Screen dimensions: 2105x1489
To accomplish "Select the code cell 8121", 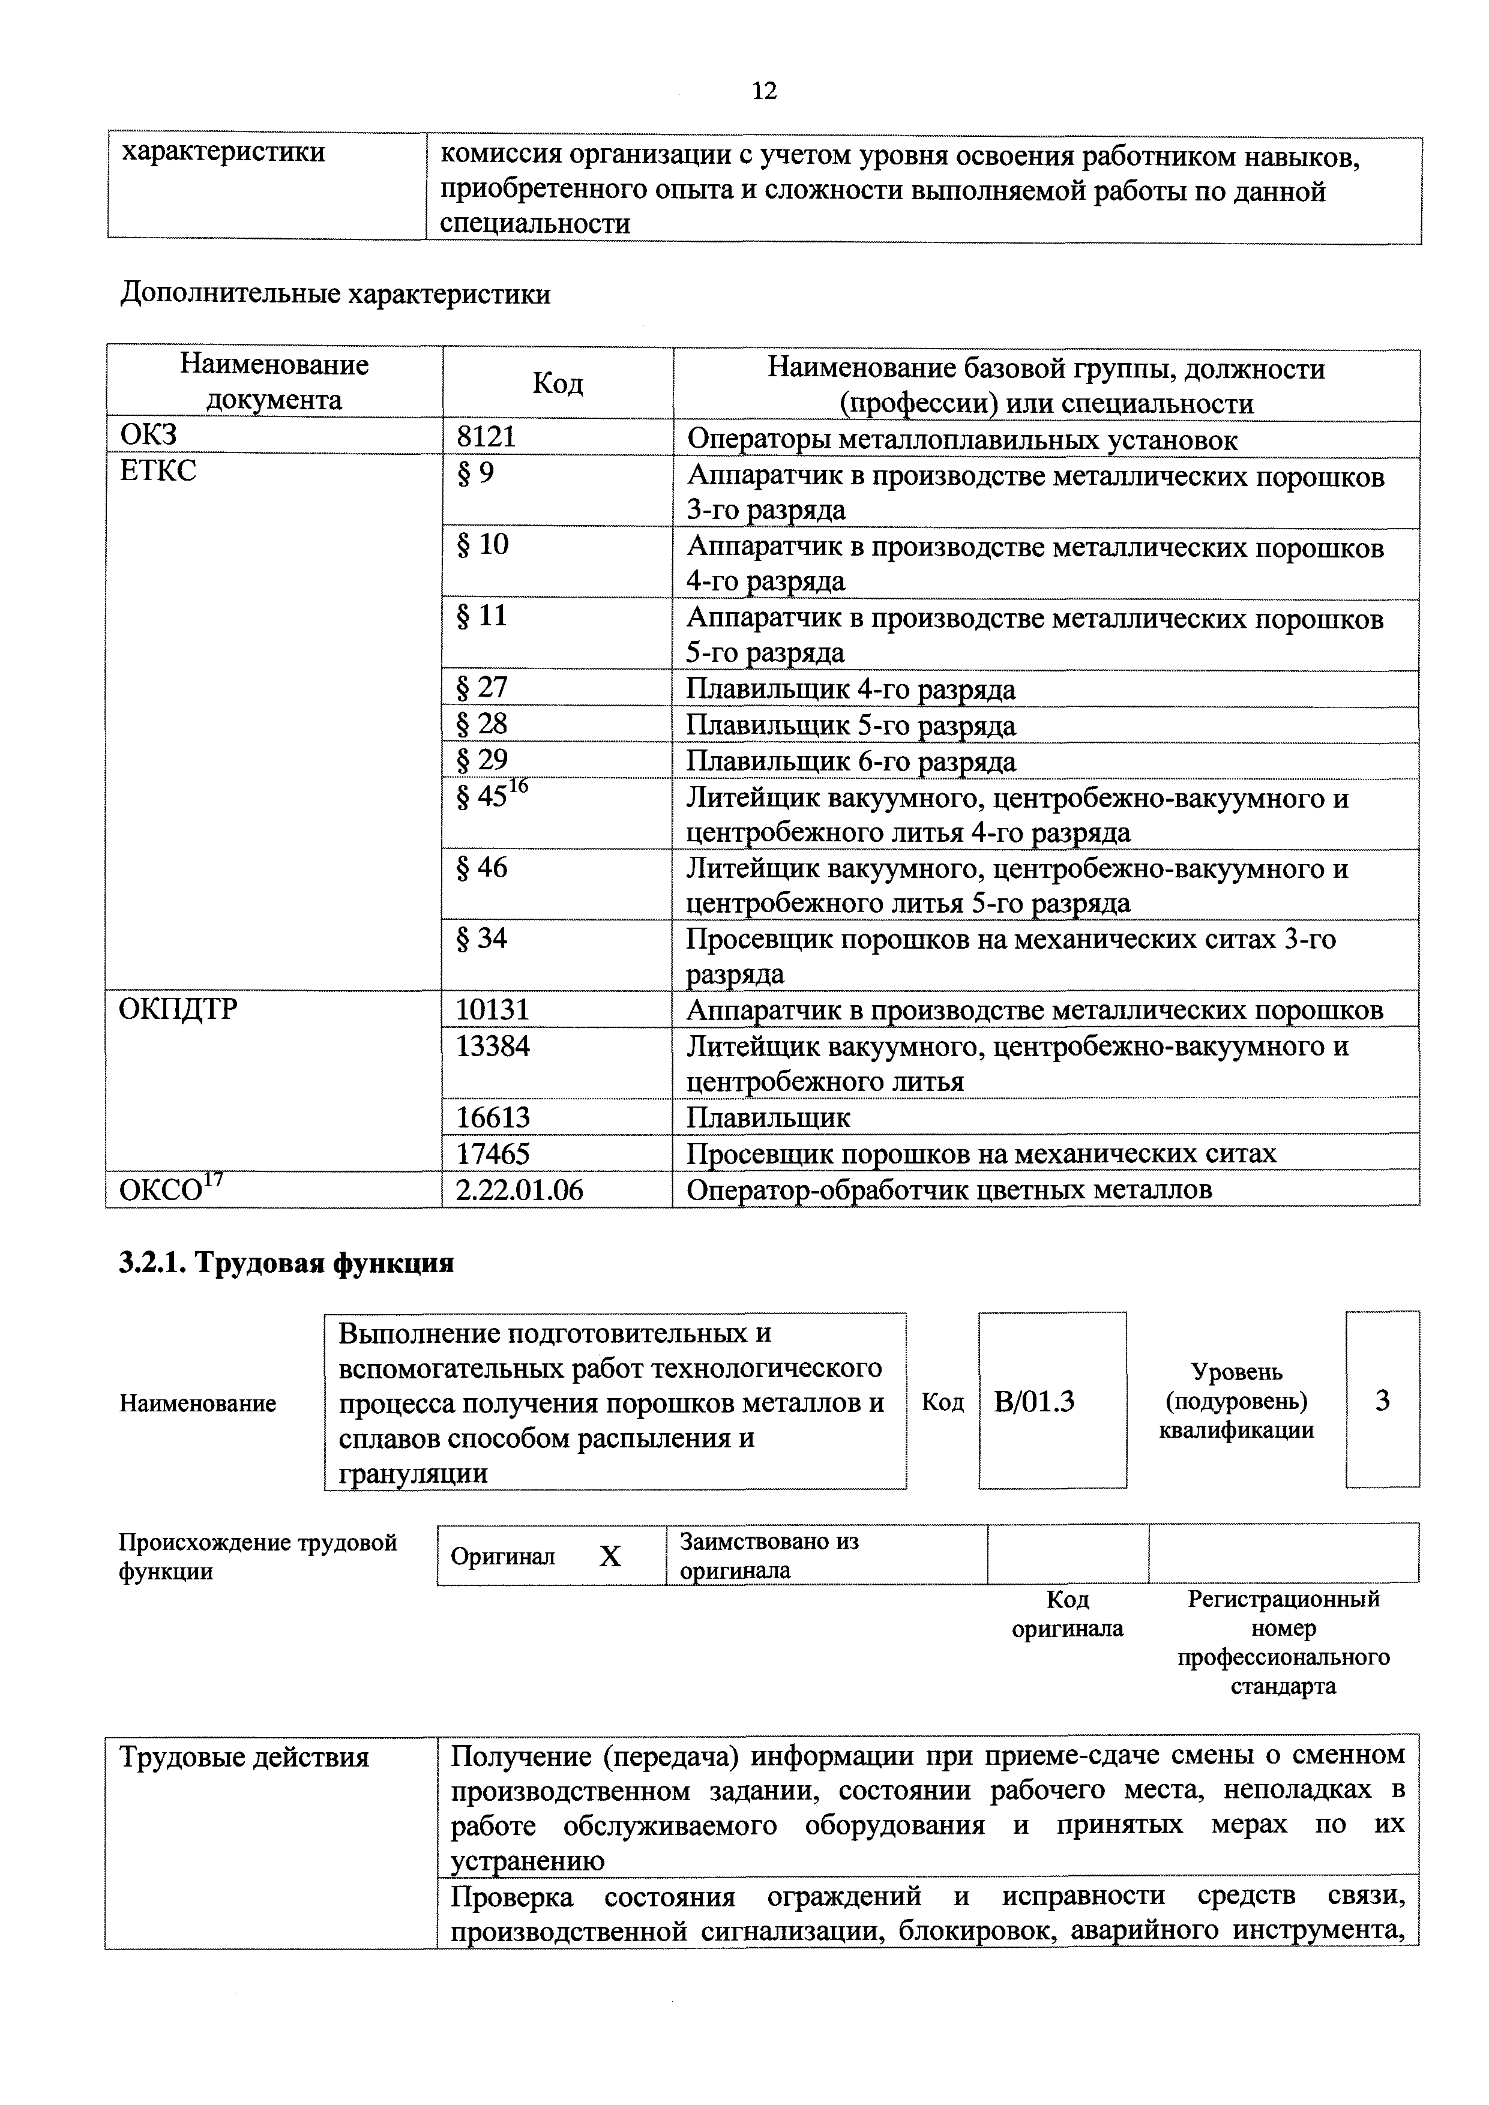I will (487, 437).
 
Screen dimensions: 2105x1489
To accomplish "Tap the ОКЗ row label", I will (148, 436).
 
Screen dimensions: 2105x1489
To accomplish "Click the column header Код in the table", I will (558, 383).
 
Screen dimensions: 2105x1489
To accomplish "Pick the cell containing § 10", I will (483, 545).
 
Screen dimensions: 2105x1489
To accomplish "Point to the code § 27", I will (483, 688).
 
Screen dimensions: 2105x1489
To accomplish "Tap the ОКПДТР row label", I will (179, 1009).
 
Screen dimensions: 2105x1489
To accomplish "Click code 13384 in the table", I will (493, 1045).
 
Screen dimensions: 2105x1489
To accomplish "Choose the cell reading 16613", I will (493, 1117).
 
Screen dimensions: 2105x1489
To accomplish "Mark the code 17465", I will (493, 1153).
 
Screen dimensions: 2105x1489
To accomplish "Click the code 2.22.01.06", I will (520, 1189).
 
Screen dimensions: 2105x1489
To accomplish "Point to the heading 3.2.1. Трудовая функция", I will (287, 1263).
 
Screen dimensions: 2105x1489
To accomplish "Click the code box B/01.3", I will (1034, 1402).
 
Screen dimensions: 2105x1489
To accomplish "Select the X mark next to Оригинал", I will (610, 1557).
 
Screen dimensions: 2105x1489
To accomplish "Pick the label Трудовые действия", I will (245, 1758).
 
